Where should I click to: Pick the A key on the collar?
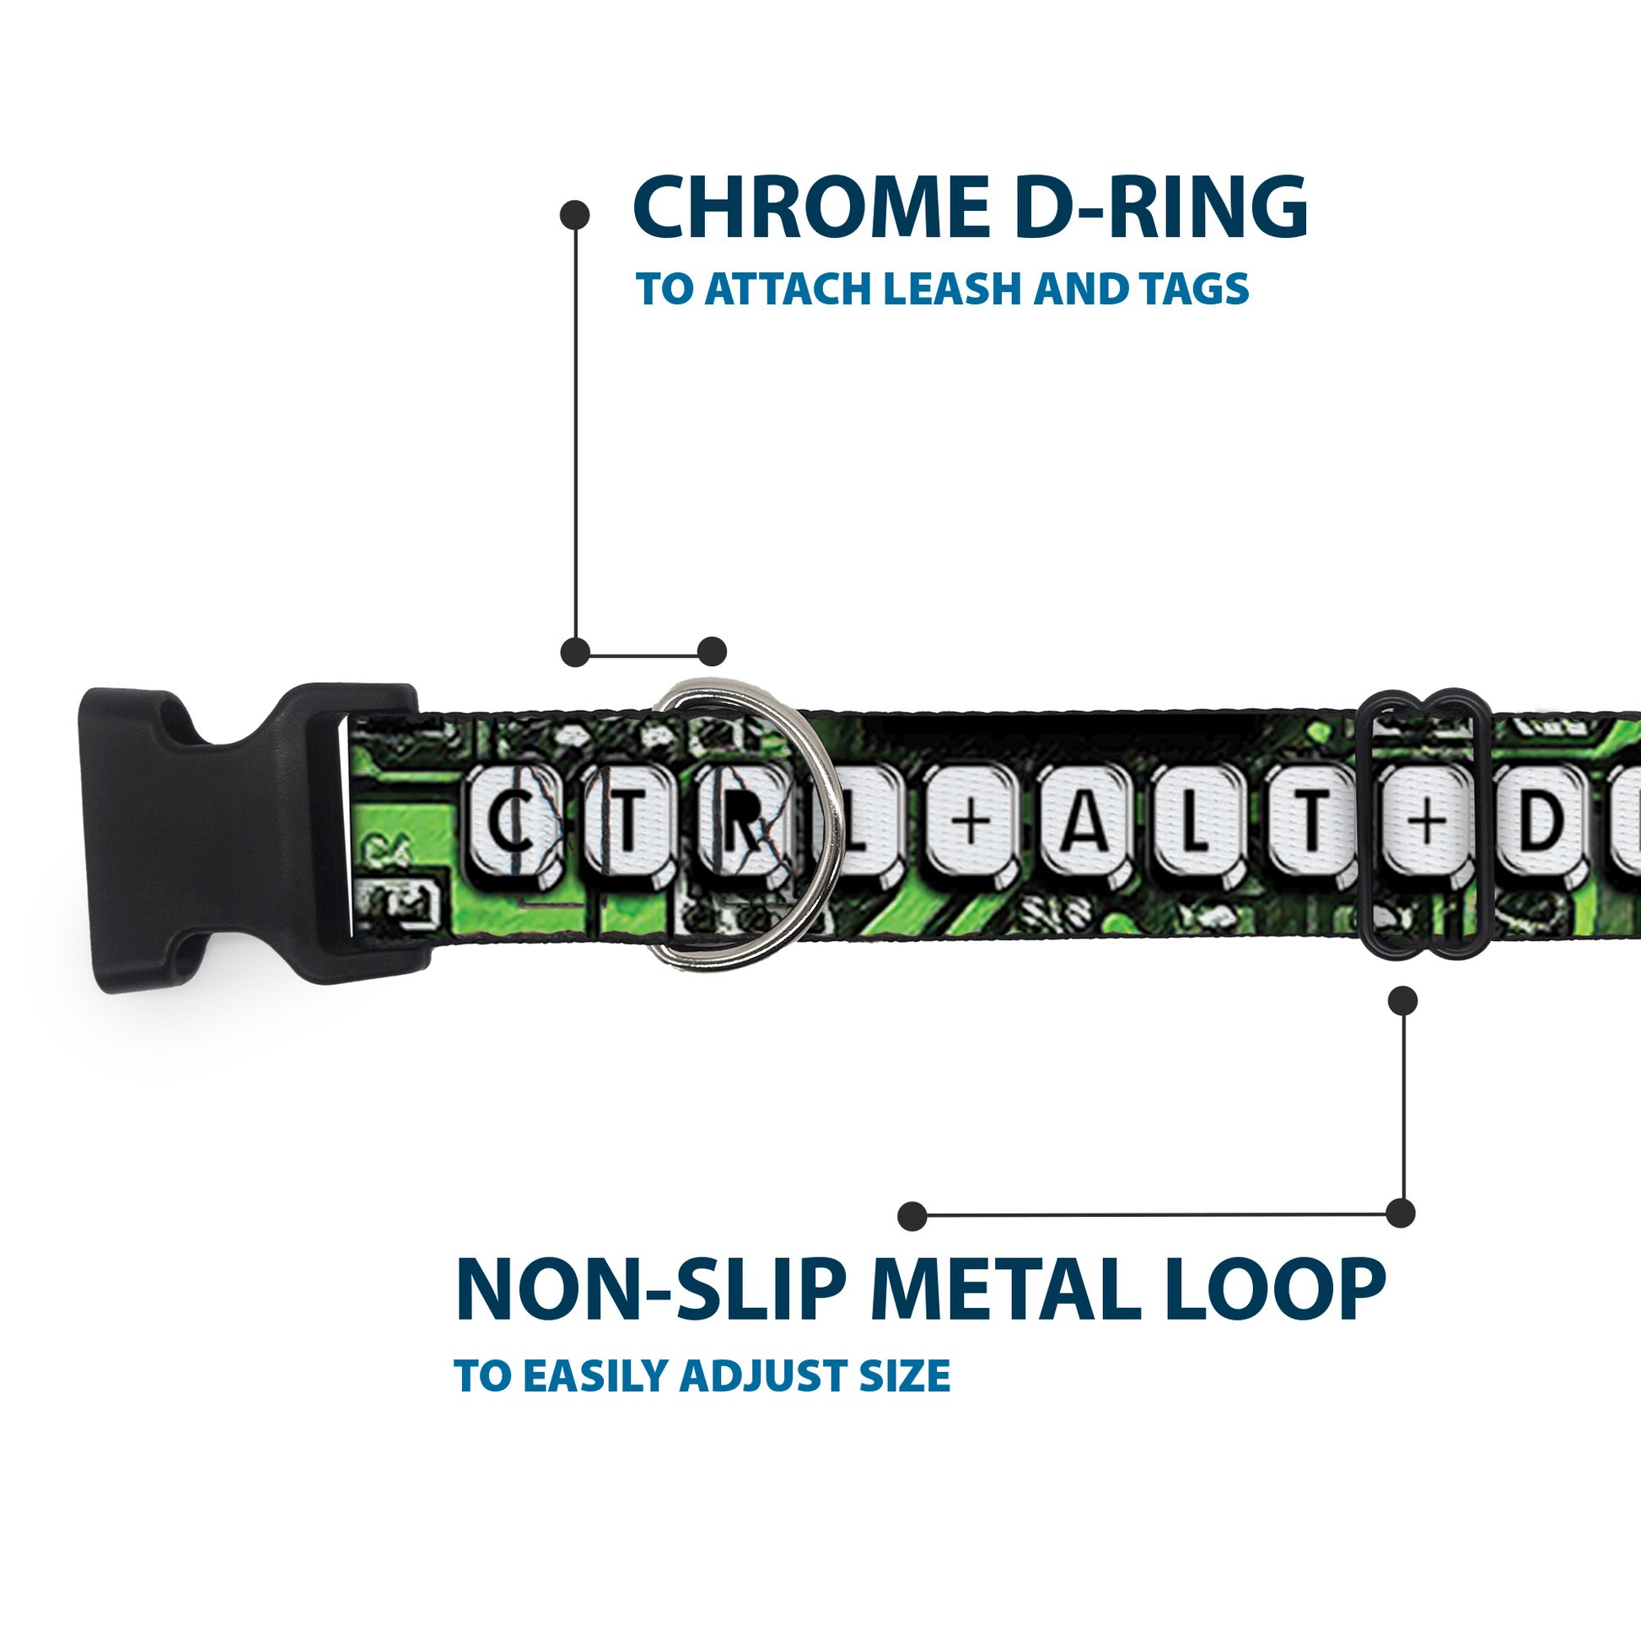coord(1084,820)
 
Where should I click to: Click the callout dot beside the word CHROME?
coord(575,215)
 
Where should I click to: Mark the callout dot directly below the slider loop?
coord(1402,1000)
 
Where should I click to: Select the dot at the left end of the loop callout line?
coord(912,1215)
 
